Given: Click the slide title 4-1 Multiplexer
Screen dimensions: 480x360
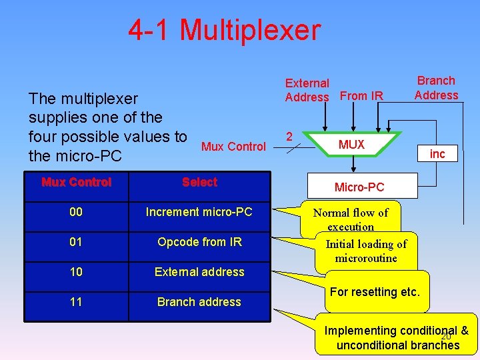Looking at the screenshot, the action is pos(225,31).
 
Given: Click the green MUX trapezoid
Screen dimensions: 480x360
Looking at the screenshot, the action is pos(351,145).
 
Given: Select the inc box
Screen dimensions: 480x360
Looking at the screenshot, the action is pos(437,154).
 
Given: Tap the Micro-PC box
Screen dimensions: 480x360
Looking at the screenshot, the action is pos(359,187).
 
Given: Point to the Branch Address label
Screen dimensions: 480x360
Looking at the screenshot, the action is pos(436,88).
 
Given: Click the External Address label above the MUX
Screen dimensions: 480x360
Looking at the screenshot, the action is pos(307,90).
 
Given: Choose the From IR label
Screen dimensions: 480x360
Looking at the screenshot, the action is pos(361,96).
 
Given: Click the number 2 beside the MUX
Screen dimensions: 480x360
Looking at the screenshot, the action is pos(289,137).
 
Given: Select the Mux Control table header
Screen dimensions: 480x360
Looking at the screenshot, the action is pos(76,182).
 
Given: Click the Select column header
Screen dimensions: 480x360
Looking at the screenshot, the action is pos(199,182).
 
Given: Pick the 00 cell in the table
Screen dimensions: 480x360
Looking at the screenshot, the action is pos(76,212).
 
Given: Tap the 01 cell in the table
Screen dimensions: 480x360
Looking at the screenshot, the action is pos(76,242).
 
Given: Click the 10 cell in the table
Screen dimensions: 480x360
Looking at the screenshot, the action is pos(76,272).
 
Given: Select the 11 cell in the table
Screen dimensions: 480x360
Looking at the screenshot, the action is pos(76,302).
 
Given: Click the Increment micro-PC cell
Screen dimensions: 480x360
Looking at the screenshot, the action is pos(199,212).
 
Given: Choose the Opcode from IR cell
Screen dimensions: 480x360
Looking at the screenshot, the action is pos(199,242).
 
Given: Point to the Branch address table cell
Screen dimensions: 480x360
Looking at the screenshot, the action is pos(199,302).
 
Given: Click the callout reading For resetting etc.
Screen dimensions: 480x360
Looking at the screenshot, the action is pos(375,292).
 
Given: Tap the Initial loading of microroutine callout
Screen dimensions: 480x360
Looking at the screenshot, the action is pos(366,251).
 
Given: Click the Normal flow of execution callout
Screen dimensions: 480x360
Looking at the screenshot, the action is pos(351,219).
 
